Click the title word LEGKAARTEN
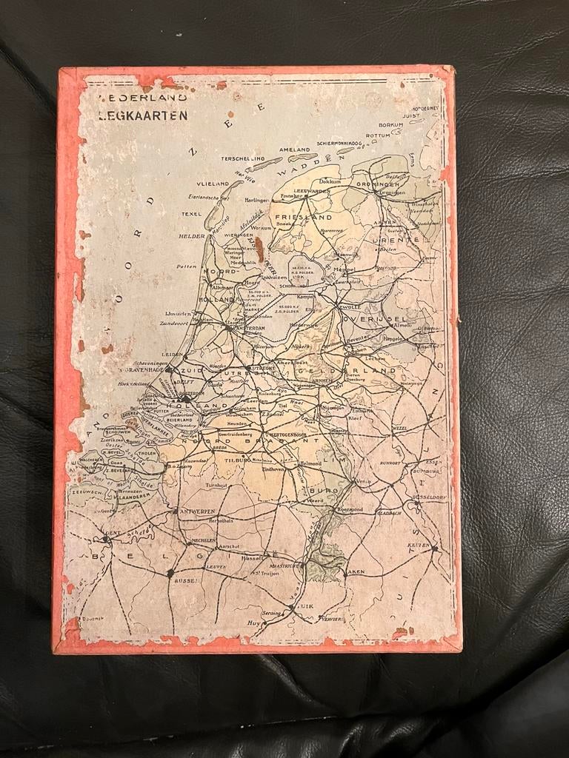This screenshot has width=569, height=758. [144, 115]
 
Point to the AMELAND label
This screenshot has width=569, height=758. [294, 149]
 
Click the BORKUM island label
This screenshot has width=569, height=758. [390, 125]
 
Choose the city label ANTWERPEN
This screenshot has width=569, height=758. [193, 511]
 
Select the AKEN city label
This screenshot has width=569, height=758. [356, 572]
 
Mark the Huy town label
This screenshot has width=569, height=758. [254, 623]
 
